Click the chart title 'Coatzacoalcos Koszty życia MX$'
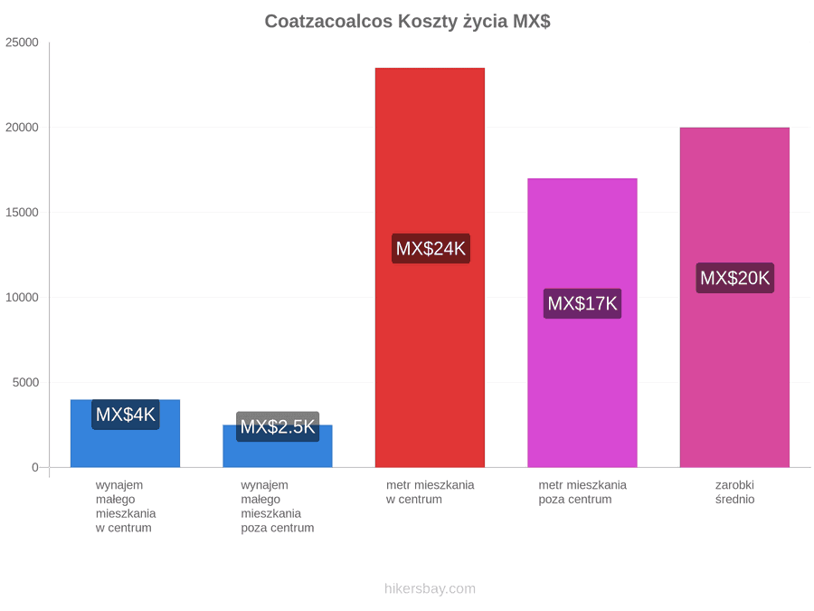[407, 22]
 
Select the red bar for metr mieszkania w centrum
[430, 268]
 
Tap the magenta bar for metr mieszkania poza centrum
[582, 322]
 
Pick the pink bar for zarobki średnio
[734, 297]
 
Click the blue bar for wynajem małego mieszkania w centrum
[125, 434]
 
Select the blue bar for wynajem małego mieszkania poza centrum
[278, 445]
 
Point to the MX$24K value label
[431, 248]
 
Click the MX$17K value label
[582, 303]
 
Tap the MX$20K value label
[735, 278]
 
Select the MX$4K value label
[126, 415]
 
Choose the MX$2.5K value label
[278, 426]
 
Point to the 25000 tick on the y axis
[23, 43]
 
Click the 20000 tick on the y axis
[23, 128]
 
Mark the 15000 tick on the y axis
[23, 213]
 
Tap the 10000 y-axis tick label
[23, 297]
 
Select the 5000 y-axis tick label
[25, 382]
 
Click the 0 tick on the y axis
[35, 468]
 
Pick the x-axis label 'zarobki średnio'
[734, 492]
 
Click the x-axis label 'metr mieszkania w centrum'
[430, 492]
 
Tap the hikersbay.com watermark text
[430, 588]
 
